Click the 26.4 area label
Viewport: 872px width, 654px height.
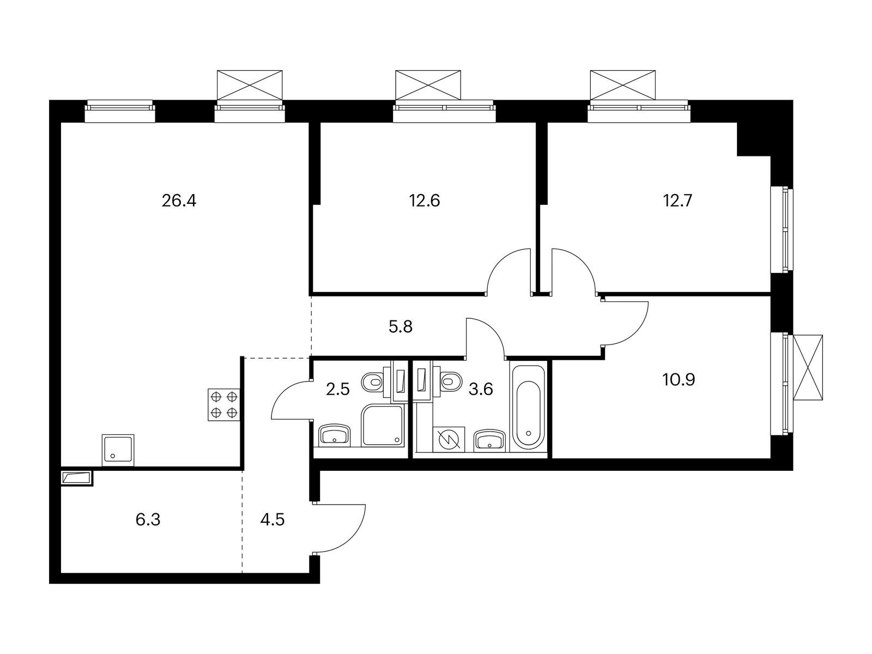click(x=179, y=201)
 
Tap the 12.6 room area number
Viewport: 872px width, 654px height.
click(x=425, y=201)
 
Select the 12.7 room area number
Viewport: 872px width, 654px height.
click(x=677, y=201)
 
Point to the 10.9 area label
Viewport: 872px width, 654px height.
click(x=679, y=379)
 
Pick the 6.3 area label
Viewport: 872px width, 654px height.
click(x=148, y=519)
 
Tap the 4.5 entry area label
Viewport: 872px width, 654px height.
click(x=272, y=519)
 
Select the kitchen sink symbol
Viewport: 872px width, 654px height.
click(x=118, y=450)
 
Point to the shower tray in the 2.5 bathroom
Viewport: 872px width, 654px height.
click(x=383, y=426)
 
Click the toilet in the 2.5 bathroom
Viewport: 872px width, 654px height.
click(x=374, y=381)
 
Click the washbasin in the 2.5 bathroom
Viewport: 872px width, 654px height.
click(x=334, y=436)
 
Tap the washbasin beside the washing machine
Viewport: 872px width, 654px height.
click(x=490, y=439)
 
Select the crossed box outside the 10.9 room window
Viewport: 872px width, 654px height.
click(x=807, y=368)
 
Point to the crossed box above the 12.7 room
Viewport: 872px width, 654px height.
click(x=622, y=84)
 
